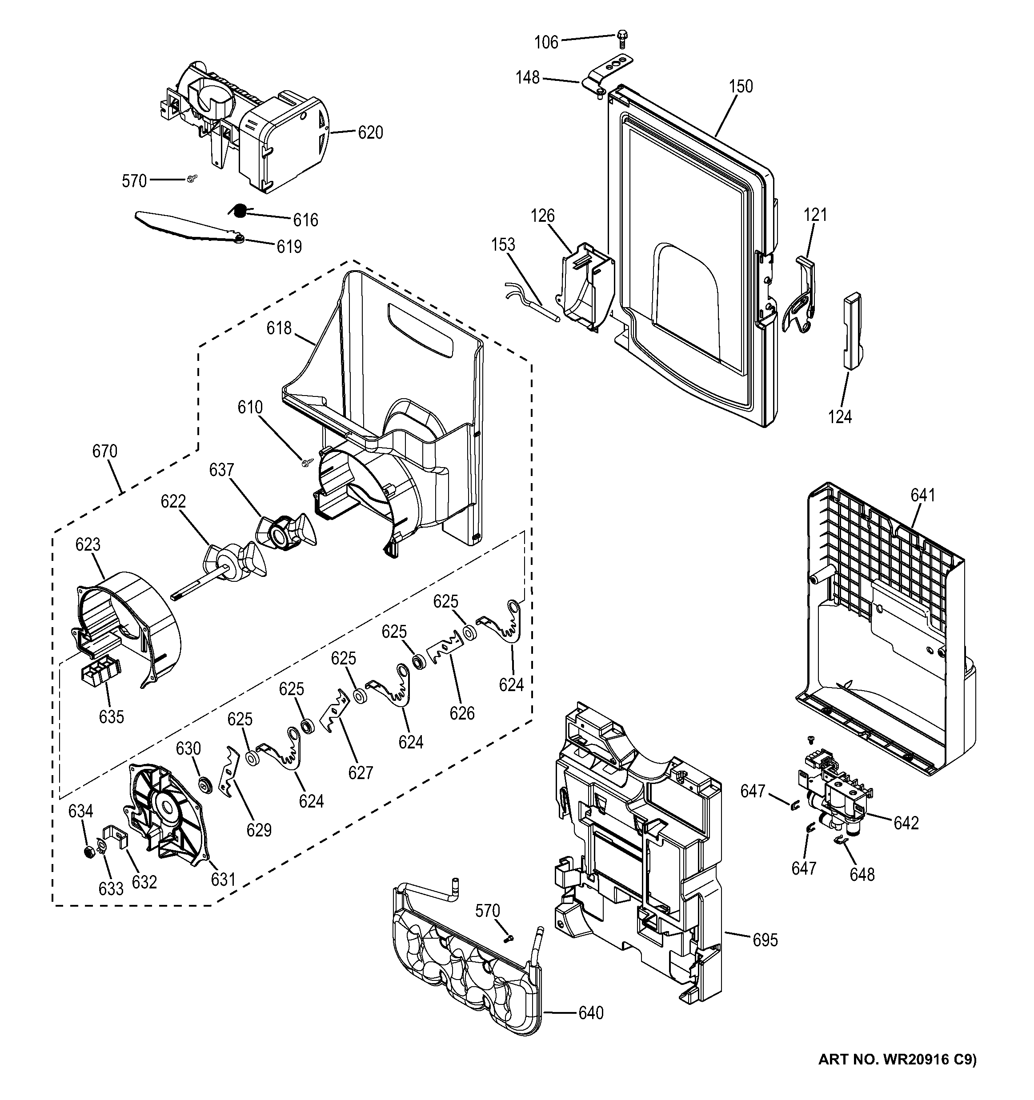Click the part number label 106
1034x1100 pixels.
(546, 43)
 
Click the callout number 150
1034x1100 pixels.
(741, 86)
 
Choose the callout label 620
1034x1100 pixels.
(370, 133)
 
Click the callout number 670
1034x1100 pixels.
(104, 452)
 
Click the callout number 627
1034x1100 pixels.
(361, 772)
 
